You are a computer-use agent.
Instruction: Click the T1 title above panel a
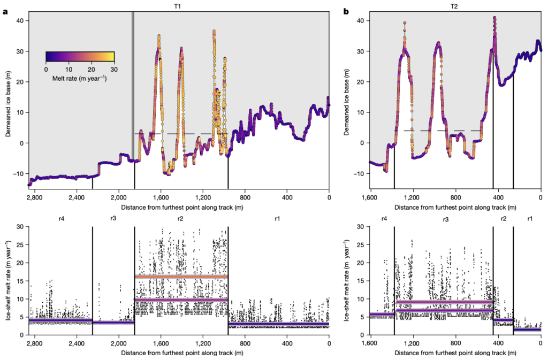coord(178,6)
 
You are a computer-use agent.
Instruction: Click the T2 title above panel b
coord(454,6)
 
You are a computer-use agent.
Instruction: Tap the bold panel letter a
coord(5,12)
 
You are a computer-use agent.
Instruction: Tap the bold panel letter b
coord(346,12)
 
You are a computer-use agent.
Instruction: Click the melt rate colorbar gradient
coord(80,57)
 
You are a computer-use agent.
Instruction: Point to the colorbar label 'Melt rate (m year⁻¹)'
coord(80,78)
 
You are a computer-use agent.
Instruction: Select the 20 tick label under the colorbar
coord(91,69)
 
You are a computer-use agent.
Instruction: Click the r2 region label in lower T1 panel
coord(180,219)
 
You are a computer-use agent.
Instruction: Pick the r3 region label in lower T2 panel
coord(446,220)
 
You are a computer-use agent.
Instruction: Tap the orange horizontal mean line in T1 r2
coord(181,277)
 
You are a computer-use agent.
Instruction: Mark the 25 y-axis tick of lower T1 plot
coord(21,245)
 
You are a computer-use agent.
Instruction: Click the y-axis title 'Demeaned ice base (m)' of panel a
coord(8,104)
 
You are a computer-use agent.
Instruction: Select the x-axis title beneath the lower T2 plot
coord(455,353)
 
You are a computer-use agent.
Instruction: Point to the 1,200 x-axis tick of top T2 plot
coord(414,197)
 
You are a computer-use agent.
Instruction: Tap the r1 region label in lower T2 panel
coord(530,219)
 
